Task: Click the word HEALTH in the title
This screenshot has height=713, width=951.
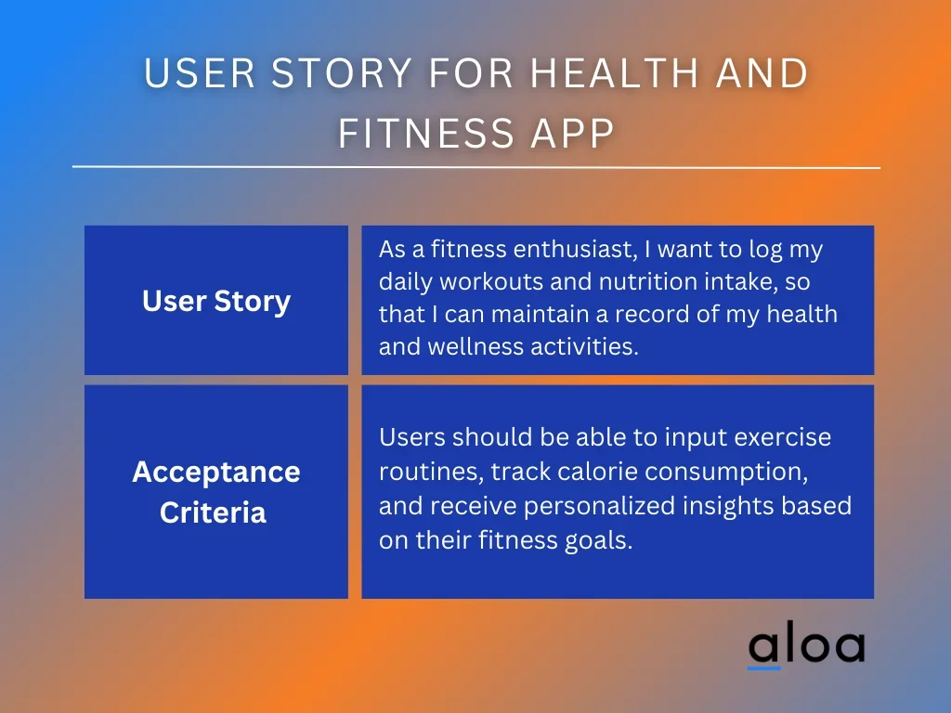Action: (x=614, y=72)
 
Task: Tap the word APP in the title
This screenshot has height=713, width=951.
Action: (x=573, y=133)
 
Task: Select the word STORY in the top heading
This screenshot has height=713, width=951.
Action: (x=342, y=72)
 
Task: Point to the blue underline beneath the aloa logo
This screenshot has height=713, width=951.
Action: (x=764, y=668)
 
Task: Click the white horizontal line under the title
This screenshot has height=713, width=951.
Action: (x=476, y=167)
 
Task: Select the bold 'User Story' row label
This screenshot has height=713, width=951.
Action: (x=216, y=301)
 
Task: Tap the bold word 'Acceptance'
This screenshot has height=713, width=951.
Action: (x=216, y=473)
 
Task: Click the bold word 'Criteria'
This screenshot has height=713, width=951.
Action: (x=213, y=512)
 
